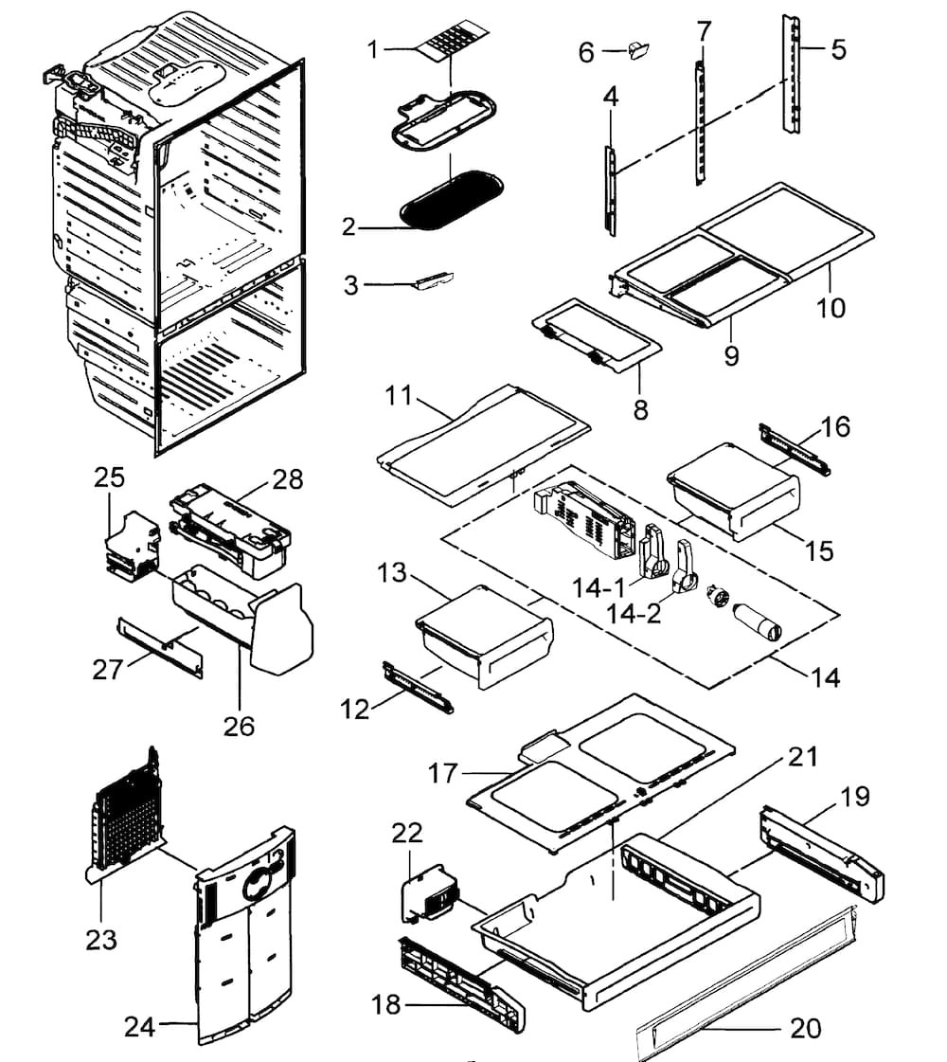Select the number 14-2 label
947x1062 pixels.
click(640, 614)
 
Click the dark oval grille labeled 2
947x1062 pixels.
click(441, 201)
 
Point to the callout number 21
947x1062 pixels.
click(802, 757)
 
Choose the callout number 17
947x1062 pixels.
click(442, 774)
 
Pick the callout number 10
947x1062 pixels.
click(831, 308)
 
